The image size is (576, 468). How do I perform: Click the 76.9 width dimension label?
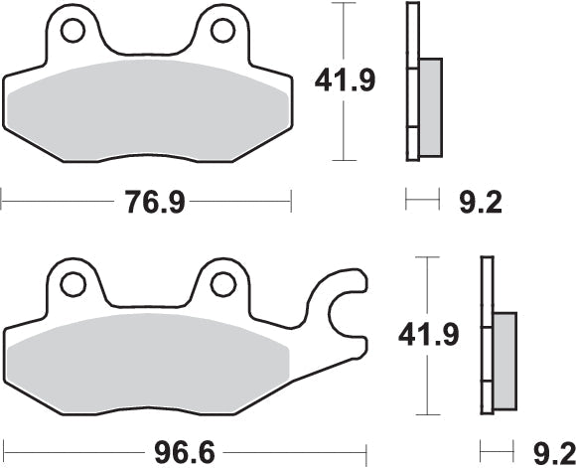[154, 203]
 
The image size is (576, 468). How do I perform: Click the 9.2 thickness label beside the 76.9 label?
[479, 203]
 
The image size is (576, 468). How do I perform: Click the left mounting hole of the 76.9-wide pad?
[72, 33]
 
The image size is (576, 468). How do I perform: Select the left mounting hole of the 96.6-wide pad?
[72, 284]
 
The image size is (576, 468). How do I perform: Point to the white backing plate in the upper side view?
[410, 79]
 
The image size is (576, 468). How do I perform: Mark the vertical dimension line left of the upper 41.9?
[344, 80]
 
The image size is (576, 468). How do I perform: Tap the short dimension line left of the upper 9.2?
[422, 203]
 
